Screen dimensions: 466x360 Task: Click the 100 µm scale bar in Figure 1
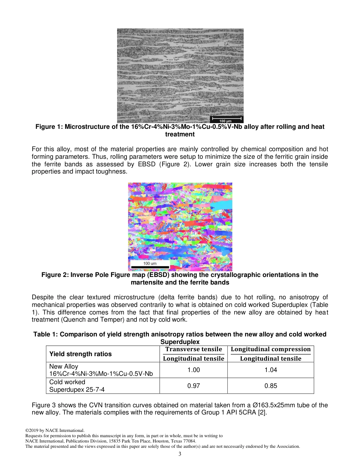[226, 119]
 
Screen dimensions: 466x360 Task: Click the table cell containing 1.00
[194, 370]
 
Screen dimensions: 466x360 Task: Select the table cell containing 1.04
[271, 370]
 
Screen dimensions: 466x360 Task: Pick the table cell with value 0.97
[194, 386]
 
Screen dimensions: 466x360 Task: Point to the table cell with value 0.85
[271, 386]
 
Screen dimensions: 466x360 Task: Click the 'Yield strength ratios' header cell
[80, 354]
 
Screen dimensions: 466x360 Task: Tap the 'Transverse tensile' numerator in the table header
[194, 349]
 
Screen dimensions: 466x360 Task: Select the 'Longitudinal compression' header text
[271, 349]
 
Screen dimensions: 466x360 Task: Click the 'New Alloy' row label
[64, 366]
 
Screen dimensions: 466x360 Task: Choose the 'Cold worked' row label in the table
[67, 382]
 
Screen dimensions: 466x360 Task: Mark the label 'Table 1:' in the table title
[46, 334]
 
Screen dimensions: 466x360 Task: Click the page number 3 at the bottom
[180, 454]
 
